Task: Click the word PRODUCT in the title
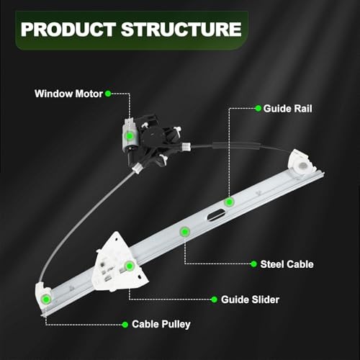coord(68,30)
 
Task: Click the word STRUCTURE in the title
coord(181,30)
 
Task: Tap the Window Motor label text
coord(68,94)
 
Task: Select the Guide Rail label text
coord(288,109)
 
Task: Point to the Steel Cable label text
coord(287,264)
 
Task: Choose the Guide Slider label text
coord(250,300)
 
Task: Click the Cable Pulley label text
coord(161,324)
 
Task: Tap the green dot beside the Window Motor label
coord(108,94)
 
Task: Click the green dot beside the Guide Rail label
coord(258,109)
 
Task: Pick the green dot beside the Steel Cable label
coord(253,264)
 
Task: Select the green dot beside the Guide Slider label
coord(214,300)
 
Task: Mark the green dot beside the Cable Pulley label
coord(125,325)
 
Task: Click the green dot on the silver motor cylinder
coord(130,136)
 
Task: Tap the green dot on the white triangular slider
coord(130,266)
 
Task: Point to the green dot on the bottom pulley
coord(46,300)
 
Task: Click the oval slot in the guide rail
coord(216,215)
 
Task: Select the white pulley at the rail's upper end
coord(302,162)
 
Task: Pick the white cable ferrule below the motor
coord(137,167)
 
